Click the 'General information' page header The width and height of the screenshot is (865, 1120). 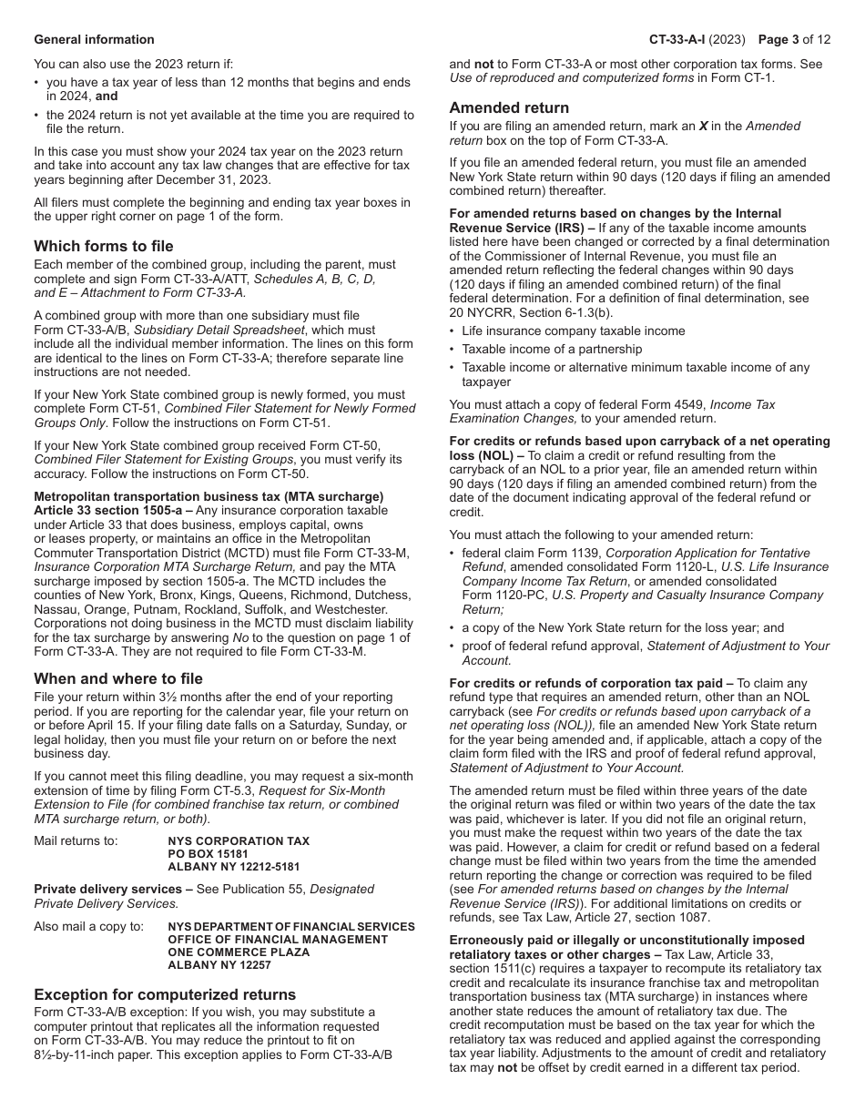tap(94, 39)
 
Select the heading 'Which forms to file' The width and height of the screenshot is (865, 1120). tap(104, 246)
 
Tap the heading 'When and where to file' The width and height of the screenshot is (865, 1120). tap(118, 678)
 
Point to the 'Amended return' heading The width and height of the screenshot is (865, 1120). tap(509, 107)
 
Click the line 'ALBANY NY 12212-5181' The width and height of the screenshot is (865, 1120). tap(233, 867)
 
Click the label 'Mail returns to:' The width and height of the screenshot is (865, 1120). tap(76, 840)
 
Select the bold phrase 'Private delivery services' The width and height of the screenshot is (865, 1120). tap(107, 889)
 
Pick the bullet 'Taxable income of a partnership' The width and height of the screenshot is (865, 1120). tap(551, 350)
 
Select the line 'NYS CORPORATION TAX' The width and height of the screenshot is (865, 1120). tap(239, 841)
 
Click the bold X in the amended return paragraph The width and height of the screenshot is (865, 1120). tap(703, 126)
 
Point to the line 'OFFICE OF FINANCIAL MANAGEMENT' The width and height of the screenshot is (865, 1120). tap(278, 939)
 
